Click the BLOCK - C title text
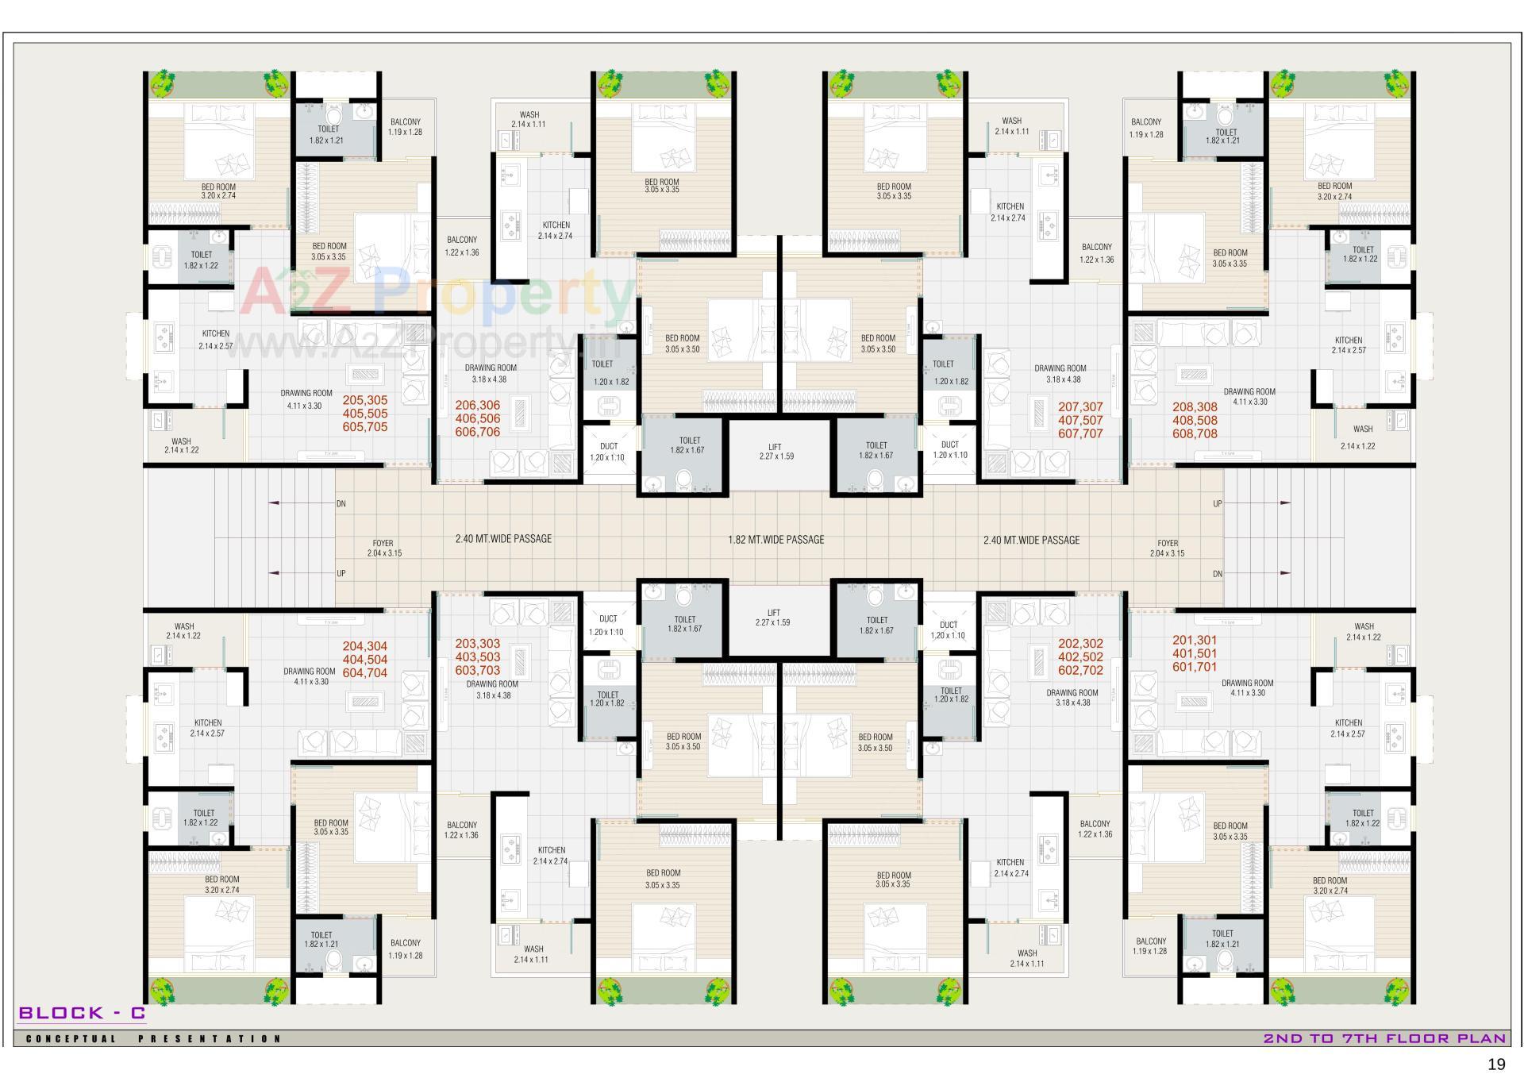coord(82,1013)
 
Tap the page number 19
coord(1496,1065)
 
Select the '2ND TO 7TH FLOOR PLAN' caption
coord(1384,1038)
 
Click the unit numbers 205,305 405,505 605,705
coord(365,414)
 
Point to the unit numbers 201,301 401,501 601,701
coord(1195,653)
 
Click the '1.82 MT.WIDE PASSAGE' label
coord(775,540)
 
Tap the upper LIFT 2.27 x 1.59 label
coord(776,452)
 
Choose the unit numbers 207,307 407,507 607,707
coord(1080,420)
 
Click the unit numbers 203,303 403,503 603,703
coord(477,656)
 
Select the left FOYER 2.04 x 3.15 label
coord(384,549)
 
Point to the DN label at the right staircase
coord(1218,574)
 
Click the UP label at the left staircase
coord(341,573)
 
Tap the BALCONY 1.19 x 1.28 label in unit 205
coord(405,127)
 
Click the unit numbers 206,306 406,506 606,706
coord(477,418)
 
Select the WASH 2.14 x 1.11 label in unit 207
coord(1011,126)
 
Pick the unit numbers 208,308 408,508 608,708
coord(1195,420)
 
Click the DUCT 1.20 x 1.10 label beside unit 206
coord(608,452)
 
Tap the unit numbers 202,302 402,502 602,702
coord(1080,656)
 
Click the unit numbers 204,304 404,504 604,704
coord(365,660)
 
